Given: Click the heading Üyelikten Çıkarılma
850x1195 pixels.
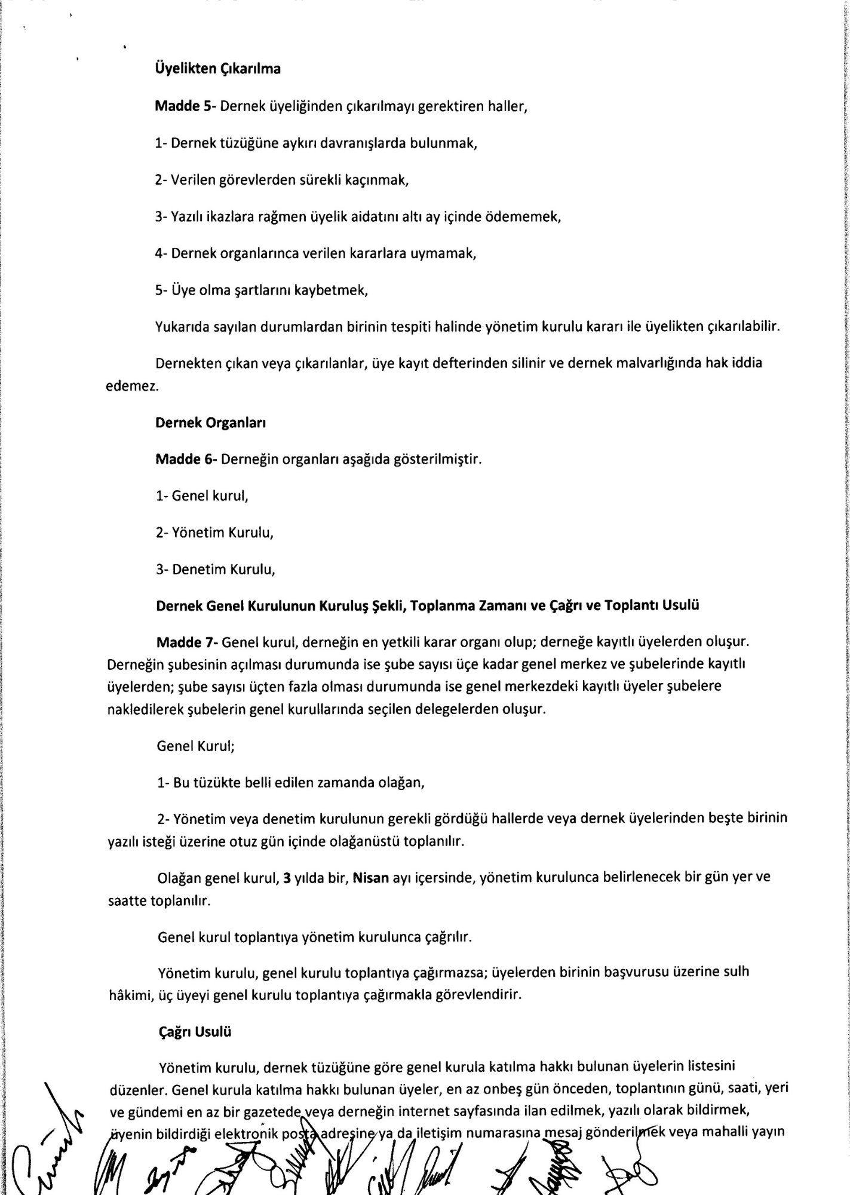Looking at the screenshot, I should click(x=217, y=69).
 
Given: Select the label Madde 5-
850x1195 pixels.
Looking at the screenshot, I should click(x=185, y=106).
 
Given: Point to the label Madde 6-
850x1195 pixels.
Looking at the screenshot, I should click(x=186, y=459).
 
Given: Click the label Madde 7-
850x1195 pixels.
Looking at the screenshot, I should click(x=186, y=642).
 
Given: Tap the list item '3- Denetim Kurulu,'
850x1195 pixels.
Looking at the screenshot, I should click(x=216, y=569).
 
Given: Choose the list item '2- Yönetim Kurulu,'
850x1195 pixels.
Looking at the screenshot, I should click(x=214, y=532).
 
